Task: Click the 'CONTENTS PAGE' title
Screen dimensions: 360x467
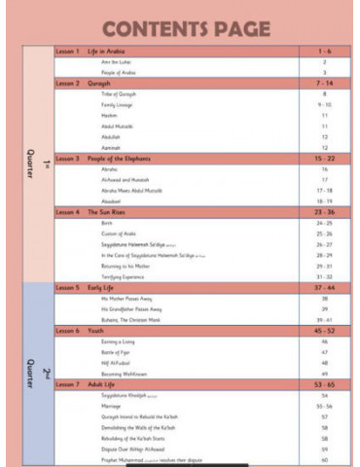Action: click(x=180, y=24)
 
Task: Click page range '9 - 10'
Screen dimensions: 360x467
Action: click(x=323, y=104)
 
